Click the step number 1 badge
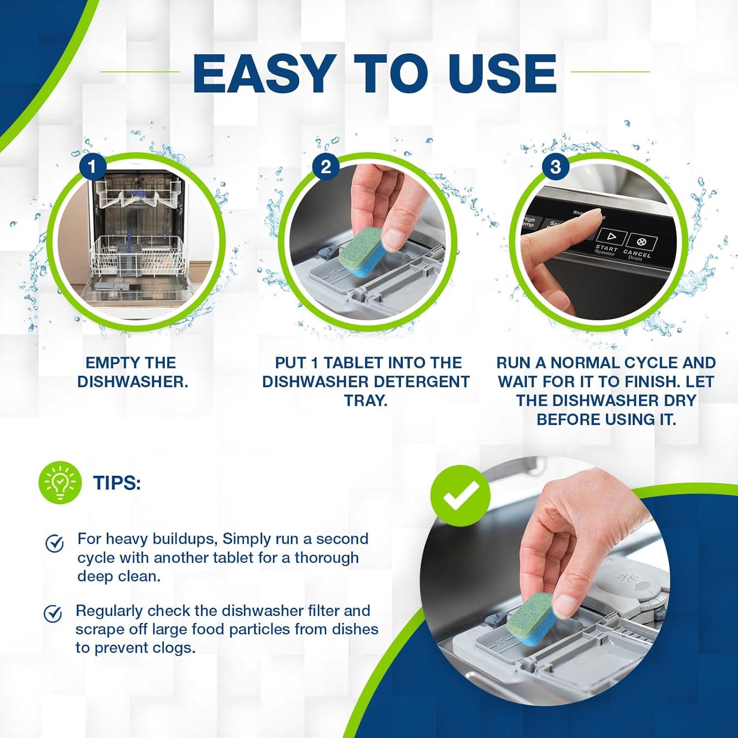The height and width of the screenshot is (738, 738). tap(92, 167)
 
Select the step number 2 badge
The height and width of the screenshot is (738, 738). tap(325, 167)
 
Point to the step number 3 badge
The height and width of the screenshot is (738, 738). tap(555, 167)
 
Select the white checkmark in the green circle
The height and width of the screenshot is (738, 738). tap(461, 493)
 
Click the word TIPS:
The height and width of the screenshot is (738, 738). tap(117, 483)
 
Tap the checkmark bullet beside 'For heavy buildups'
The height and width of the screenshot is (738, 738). tap(54, 543)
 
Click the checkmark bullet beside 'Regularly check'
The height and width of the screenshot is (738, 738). tap(53, 614)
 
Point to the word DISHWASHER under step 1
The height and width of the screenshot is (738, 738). tap(132, 382)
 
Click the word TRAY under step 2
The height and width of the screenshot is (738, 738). tap(366, 400)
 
